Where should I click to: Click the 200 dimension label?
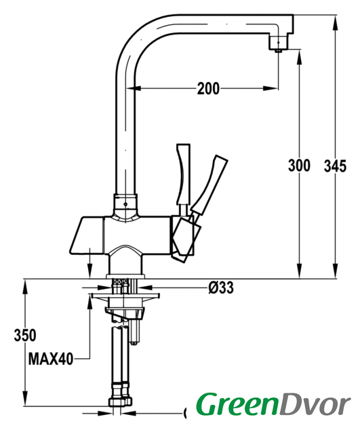tap(208, 89)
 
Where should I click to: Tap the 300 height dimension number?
tap(299, 165)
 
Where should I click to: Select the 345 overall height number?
tap(335, 166)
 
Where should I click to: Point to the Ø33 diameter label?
tap(221, 288)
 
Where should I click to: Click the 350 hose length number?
tap(25, 335)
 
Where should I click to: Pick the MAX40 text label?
tap(51, 359)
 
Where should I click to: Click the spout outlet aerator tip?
tap(279, 50)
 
